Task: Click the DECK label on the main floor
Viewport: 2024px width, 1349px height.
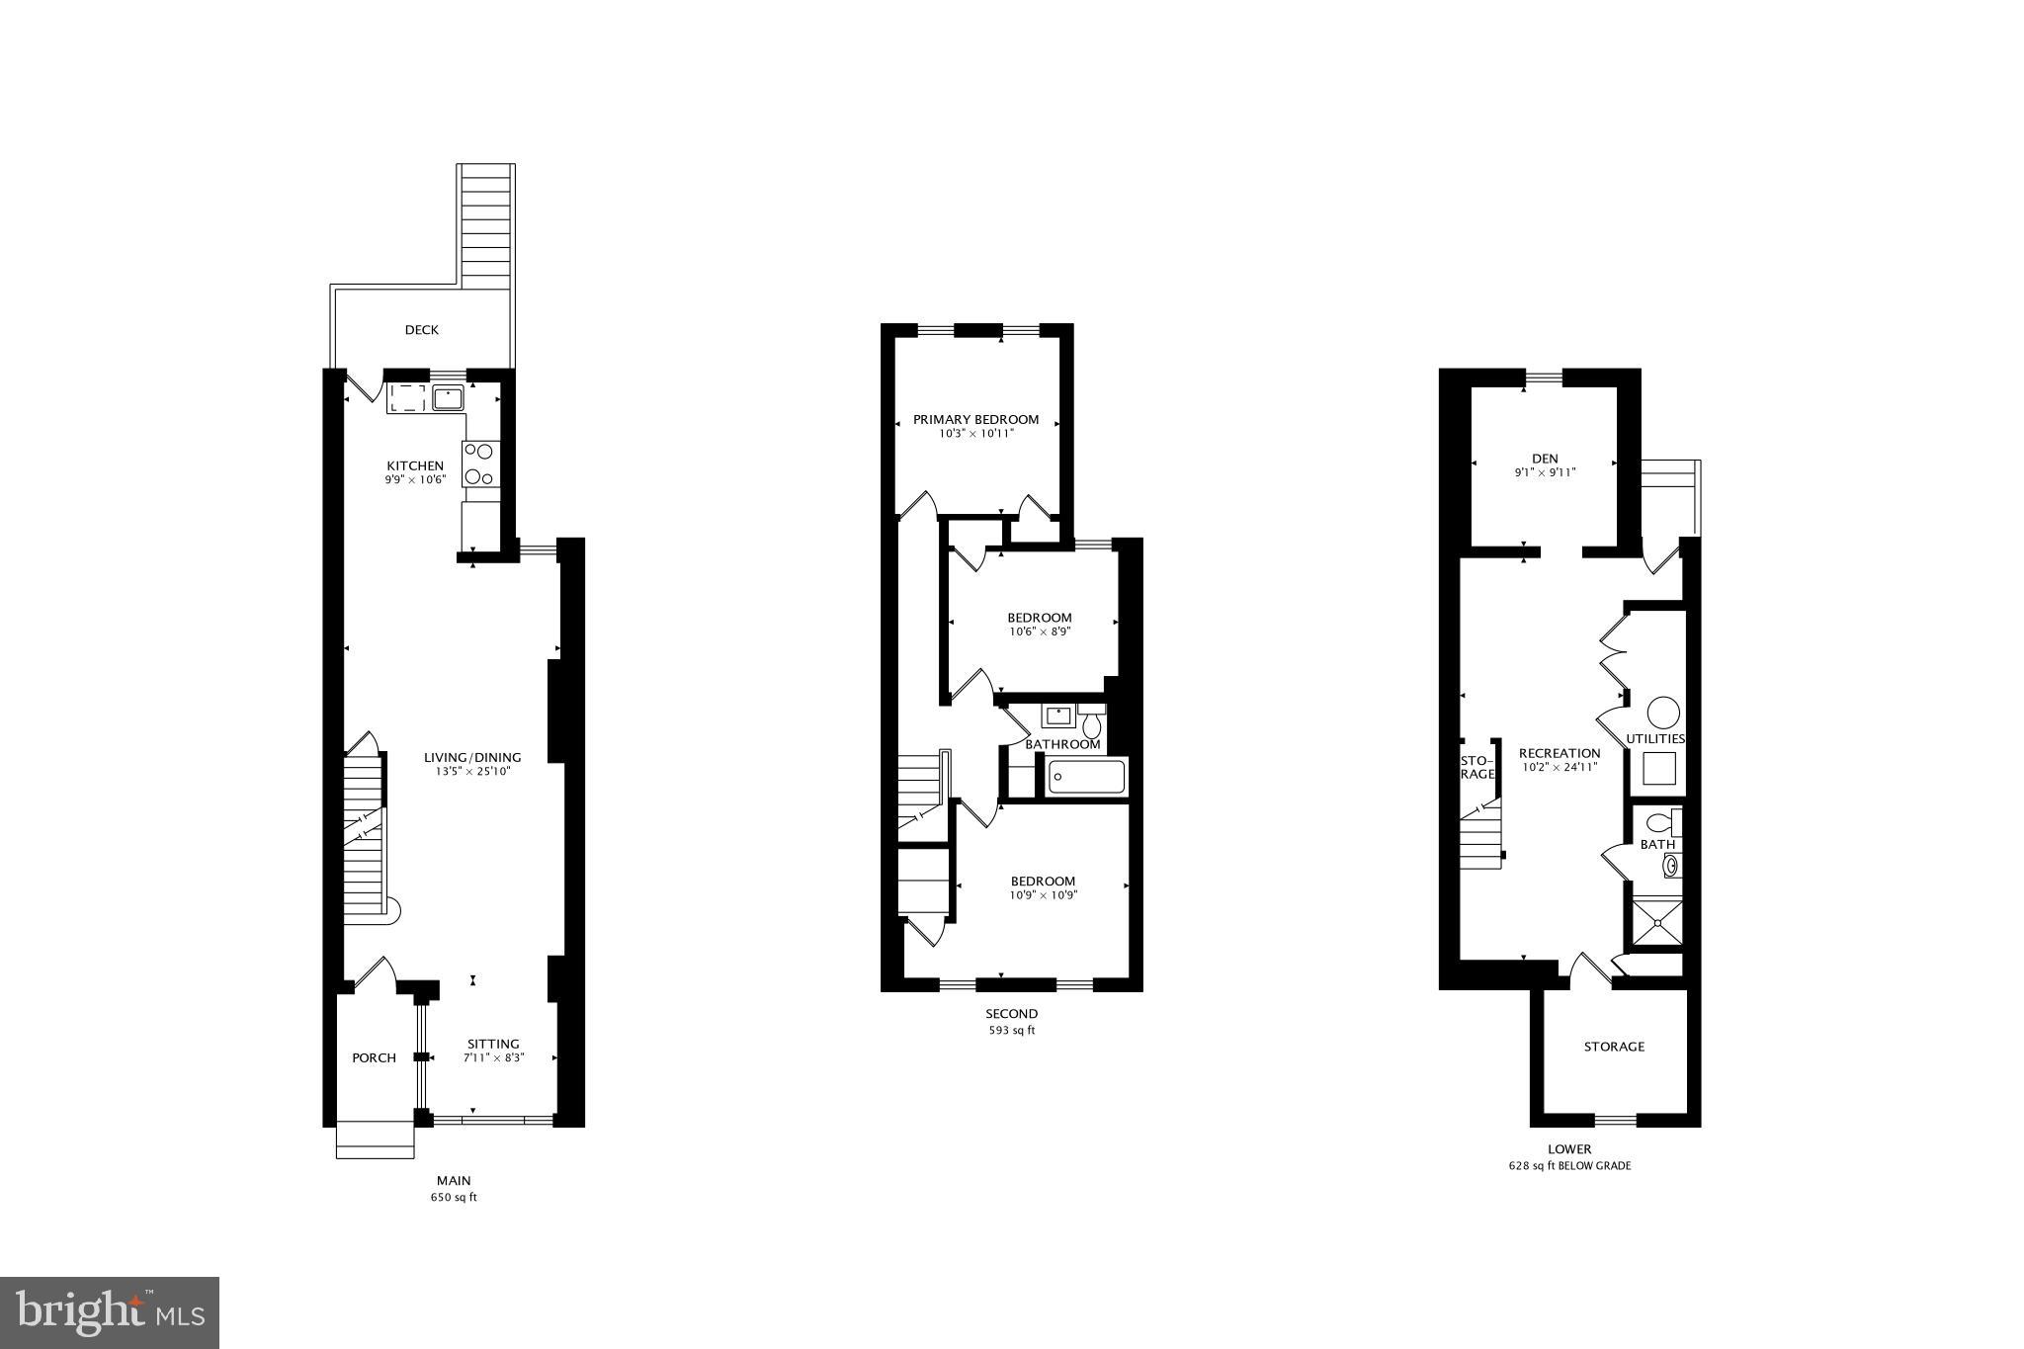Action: tap(421, 330)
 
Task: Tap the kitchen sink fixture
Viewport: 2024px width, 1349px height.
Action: tap(448, 398)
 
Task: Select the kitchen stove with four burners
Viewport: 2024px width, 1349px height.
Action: tap(480, 464)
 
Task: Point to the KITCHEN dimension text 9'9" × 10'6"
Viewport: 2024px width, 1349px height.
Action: tap(415, 480)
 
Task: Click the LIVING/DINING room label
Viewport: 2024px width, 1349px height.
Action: tap(472, 758)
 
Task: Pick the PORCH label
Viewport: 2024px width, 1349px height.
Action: tap(374, 1058)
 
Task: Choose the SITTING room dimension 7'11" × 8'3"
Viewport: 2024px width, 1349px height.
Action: tap(493, 1057)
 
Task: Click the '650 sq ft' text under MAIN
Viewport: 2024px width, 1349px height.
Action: tap(454, 1198)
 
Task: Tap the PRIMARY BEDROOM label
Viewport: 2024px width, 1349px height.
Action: tap(975, 420)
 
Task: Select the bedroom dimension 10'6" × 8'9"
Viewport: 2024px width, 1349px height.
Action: tap(1039, 632)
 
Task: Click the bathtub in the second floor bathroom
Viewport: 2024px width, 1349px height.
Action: tap(1086, 777)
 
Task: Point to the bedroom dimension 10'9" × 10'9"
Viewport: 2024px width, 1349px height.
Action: tap(1043, 895)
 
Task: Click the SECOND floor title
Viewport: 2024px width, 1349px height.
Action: tap(1011, 1014)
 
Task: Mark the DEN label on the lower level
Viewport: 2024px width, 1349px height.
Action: tap(1545, 459)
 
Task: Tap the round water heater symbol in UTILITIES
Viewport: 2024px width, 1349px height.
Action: tap(1663, 712)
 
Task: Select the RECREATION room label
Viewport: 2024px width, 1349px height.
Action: tap(1559, 753)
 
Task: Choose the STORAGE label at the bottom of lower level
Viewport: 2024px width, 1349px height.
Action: tap(1614, 1047)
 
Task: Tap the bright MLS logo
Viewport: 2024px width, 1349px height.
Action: tap(110, 1312)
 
